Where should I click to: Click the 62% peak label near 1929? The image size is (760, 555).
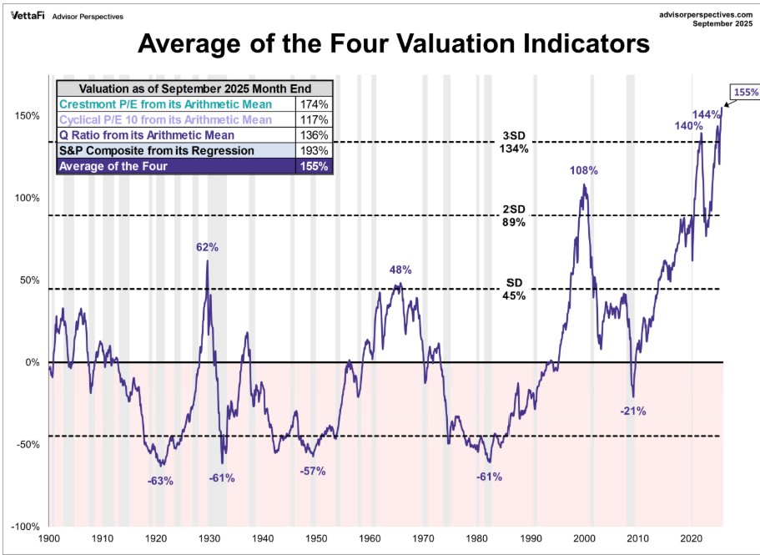(x=208, y=247)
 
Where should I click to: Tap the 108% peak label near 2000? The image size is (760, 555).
(x=584, y=171)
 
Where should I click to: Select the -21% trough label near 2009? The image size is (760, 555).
(x=633, y=411)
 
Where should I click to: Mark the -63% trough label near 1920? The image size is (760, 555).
(x=159, y=480)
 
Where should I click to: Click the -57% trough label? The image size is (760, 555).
(x=312, y=471)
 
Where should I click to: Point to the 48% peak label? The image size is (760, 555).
(x=401, y=270)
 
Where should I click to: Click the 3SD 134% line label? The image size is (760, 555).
(x=514, y=142)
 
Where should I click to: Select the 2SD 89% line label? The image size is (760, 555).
(x=514, y=215)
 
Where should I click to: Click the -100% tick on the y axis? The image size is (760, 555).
(x=25, y=527)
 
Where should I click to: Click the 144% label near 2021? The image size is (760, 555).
(x=706, y=114)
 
